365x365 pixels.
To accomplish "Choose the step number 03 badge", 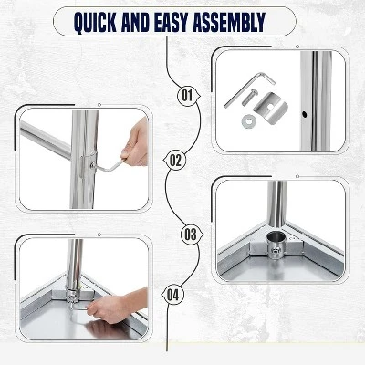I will [x=190, y=234].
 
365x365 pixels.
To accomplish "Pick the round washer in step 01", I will [x=248, y=119].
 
